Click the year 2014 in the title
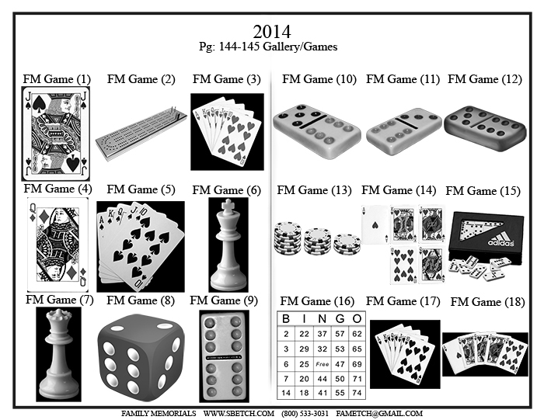272,32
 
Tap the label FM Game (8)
141,300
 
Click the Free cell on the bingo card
322,364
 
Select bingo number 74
357,393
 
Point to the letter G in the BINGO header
340,319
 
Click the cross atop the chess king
228,205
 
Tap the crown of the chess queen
59,315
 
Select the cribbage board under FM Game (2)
141,133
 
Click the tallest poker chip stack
288,238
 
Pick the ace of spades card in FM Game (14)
375,224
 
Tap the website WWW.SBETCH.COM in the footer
239,414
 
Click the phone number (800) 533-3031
305,414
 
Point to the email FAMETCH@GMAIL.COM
379,414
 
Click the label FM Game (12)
485,79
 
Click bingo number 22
305,334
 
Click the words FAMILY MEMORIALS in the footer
159,414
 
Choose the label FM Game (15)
483,191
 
